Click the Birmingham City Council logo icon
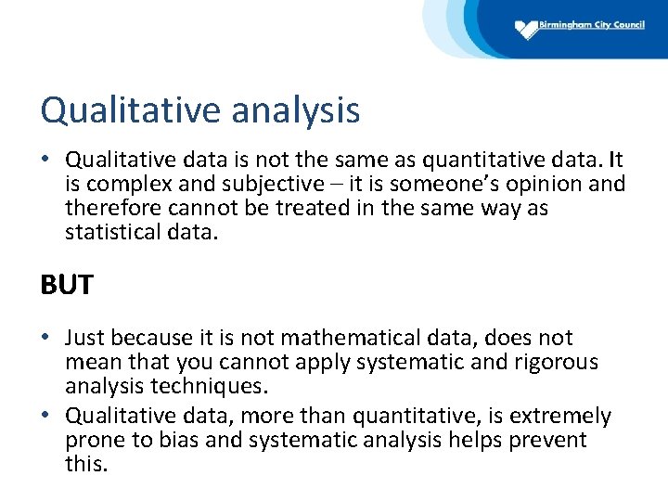[526, 30]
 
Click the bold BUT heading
[67, 285]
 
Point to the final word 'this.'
[86, 464]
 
